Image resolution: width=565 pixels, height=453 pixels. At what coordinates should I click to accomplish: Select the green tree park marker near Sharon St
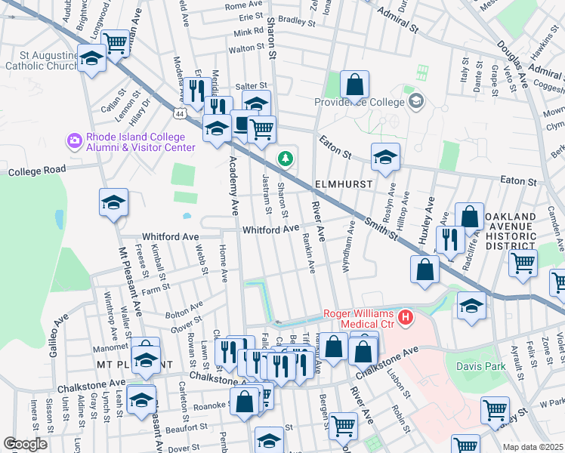285,159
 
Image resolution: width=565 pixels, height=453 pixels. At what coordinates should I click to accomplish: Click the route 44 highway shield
179,114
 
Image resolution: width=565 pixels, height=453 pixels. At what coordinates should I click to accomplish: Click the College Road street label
34,171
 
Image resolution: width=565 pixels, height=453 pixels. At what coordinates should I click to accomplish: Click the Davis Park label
479,366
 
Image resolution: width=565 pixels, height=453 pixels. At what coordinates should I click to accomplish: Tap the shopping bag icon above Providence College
354,85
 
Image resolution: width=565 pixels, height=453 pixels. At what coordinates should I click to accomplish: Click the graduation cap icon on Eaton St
385,156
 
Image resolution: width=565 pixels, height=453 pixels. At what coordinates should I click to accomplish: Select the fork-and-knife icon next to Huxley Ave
450,239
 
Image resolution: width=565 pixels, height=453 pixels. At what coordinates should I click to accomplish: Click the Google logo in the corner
25,443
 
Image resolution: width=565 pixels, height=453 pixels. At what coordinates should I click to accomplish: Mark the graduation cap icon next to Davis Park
471,306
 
